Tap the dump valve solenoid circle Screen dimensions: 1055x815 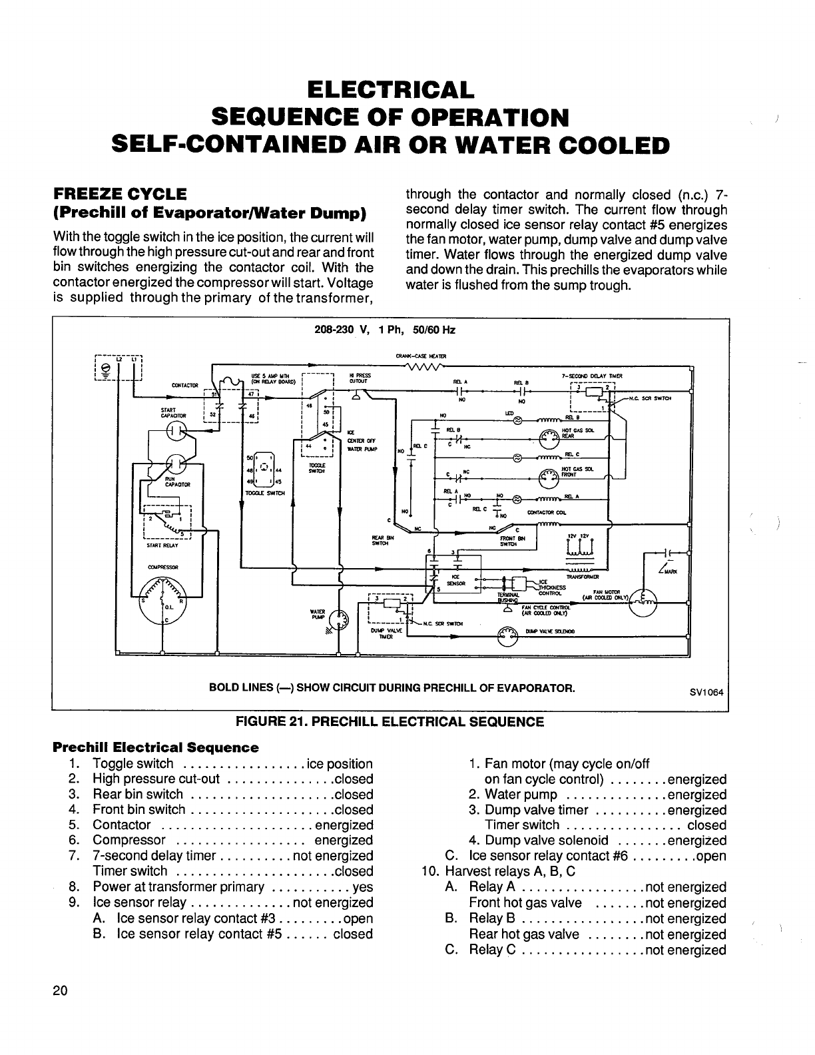[508, 637]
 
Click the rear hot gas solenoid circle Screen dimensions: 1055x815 [547, 438]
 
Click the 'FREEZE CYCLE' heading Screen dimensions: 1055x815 [120, 194]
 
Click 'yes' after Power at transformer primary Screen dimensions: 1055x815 [363, 887]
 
